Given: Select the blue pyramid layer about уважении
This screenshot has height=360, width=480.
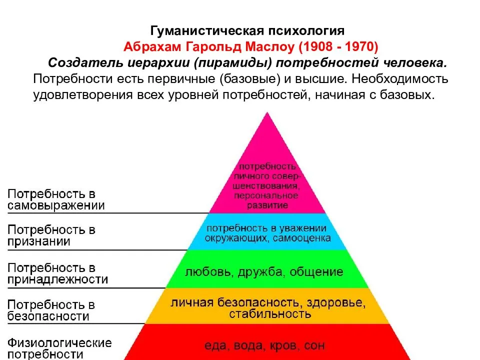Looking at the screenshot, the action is click(267, 232).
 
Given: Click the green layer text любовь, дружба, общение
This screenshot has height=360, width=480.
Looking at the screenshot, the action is click(264, 272).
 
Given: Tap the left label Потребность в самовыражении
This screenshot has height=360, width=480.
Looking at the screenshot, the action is click(55, 199).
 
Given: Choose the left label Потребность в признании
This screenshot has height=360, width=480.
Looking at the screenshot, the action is click(51, 235).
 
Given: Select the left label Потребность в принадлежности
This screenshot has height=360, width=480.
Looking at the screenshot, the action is click(57, 273).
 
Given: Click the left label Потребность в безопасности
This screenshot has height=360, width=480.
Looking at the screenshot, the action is click(51, 310).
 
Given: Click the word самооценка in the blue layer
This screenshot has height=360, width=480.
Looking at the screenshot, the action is click(302, 238).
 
